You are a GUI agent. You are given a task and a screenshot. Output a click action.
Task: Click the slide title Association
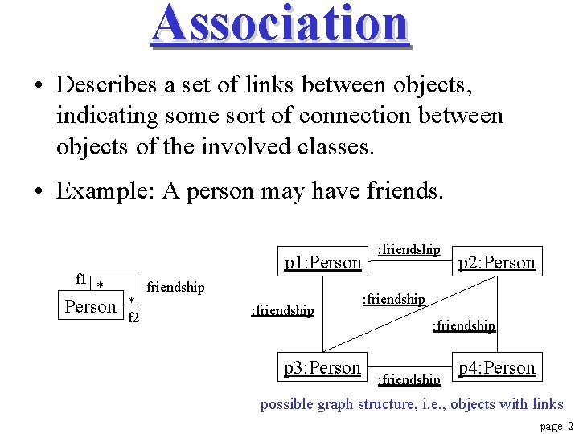coord(281,23)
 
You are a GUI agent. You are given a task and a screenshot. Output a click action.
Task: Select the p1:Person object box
coord(322,262)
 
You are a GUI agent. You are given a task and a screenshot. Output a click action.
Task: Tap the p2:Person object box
coord(496,262)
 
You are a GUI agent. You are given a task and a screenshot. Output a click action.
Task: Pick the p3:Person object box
coord(322,367)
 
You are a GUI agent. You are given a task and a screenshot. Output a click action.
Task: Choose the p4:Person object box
coord(496,367)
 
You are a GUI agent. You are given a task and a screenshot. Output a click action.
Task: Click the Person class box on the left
coord(91,306)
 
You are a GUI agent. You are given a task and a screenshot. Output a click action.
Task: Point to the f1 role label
coord(81,279)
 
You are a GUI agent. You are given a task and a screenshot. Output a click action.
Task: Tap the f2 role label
coord(134,317)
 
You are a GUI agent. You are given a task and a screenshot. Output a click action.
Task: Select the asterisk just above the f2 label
coord(130,302)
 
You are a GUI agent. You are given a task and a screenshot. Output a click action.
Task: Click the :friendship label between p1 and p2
coord(409,250)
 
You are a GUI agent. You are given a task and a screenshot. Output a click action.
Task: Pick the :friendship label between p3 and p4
coord(409,379)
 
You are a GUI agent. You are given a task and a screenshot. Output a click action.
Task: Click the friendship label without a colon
coord(176,287)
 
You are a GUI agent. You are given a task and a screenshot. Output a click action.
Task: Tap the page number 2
coord(569,427)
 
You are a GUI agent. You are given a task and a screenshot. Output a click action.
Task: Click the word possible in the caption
coord(286,404)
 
